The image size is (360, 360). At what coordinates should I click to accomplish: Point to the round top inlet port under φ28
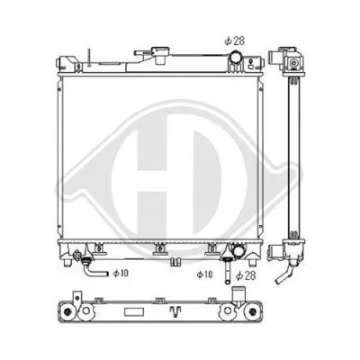click(x=234, y=60)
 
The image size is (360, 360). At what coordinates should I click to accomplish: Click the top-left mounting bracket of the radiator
click(x=67, y=66)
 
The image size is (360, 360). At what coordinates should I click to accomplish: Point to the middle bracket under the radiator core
click(x=159, y=250)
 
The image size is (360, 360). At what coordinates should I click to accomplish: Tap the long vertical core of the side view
click(x=289, y=153)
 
